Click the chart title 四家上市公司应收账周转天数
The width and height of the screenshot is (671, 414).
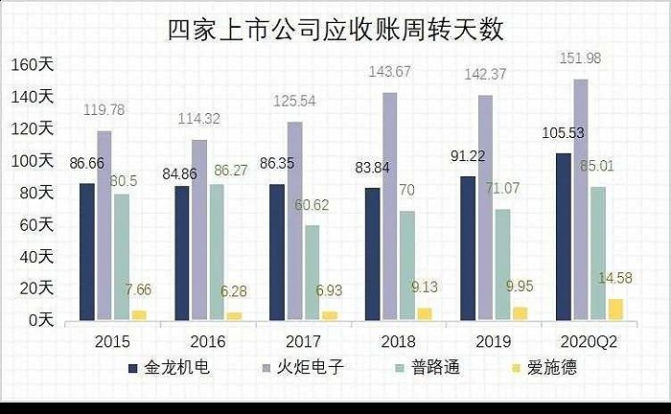pos(335,29)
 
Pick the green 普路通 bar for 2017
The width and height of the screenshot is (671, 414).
pos(312,272)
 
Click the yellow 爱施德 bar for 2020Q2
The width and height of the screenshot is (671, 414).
pos(615,310)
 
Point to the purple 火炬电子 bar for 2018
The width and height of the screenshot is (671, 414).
pos(390,206)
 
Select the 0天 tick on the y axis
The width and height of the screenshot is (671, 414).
pos(39,320)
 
